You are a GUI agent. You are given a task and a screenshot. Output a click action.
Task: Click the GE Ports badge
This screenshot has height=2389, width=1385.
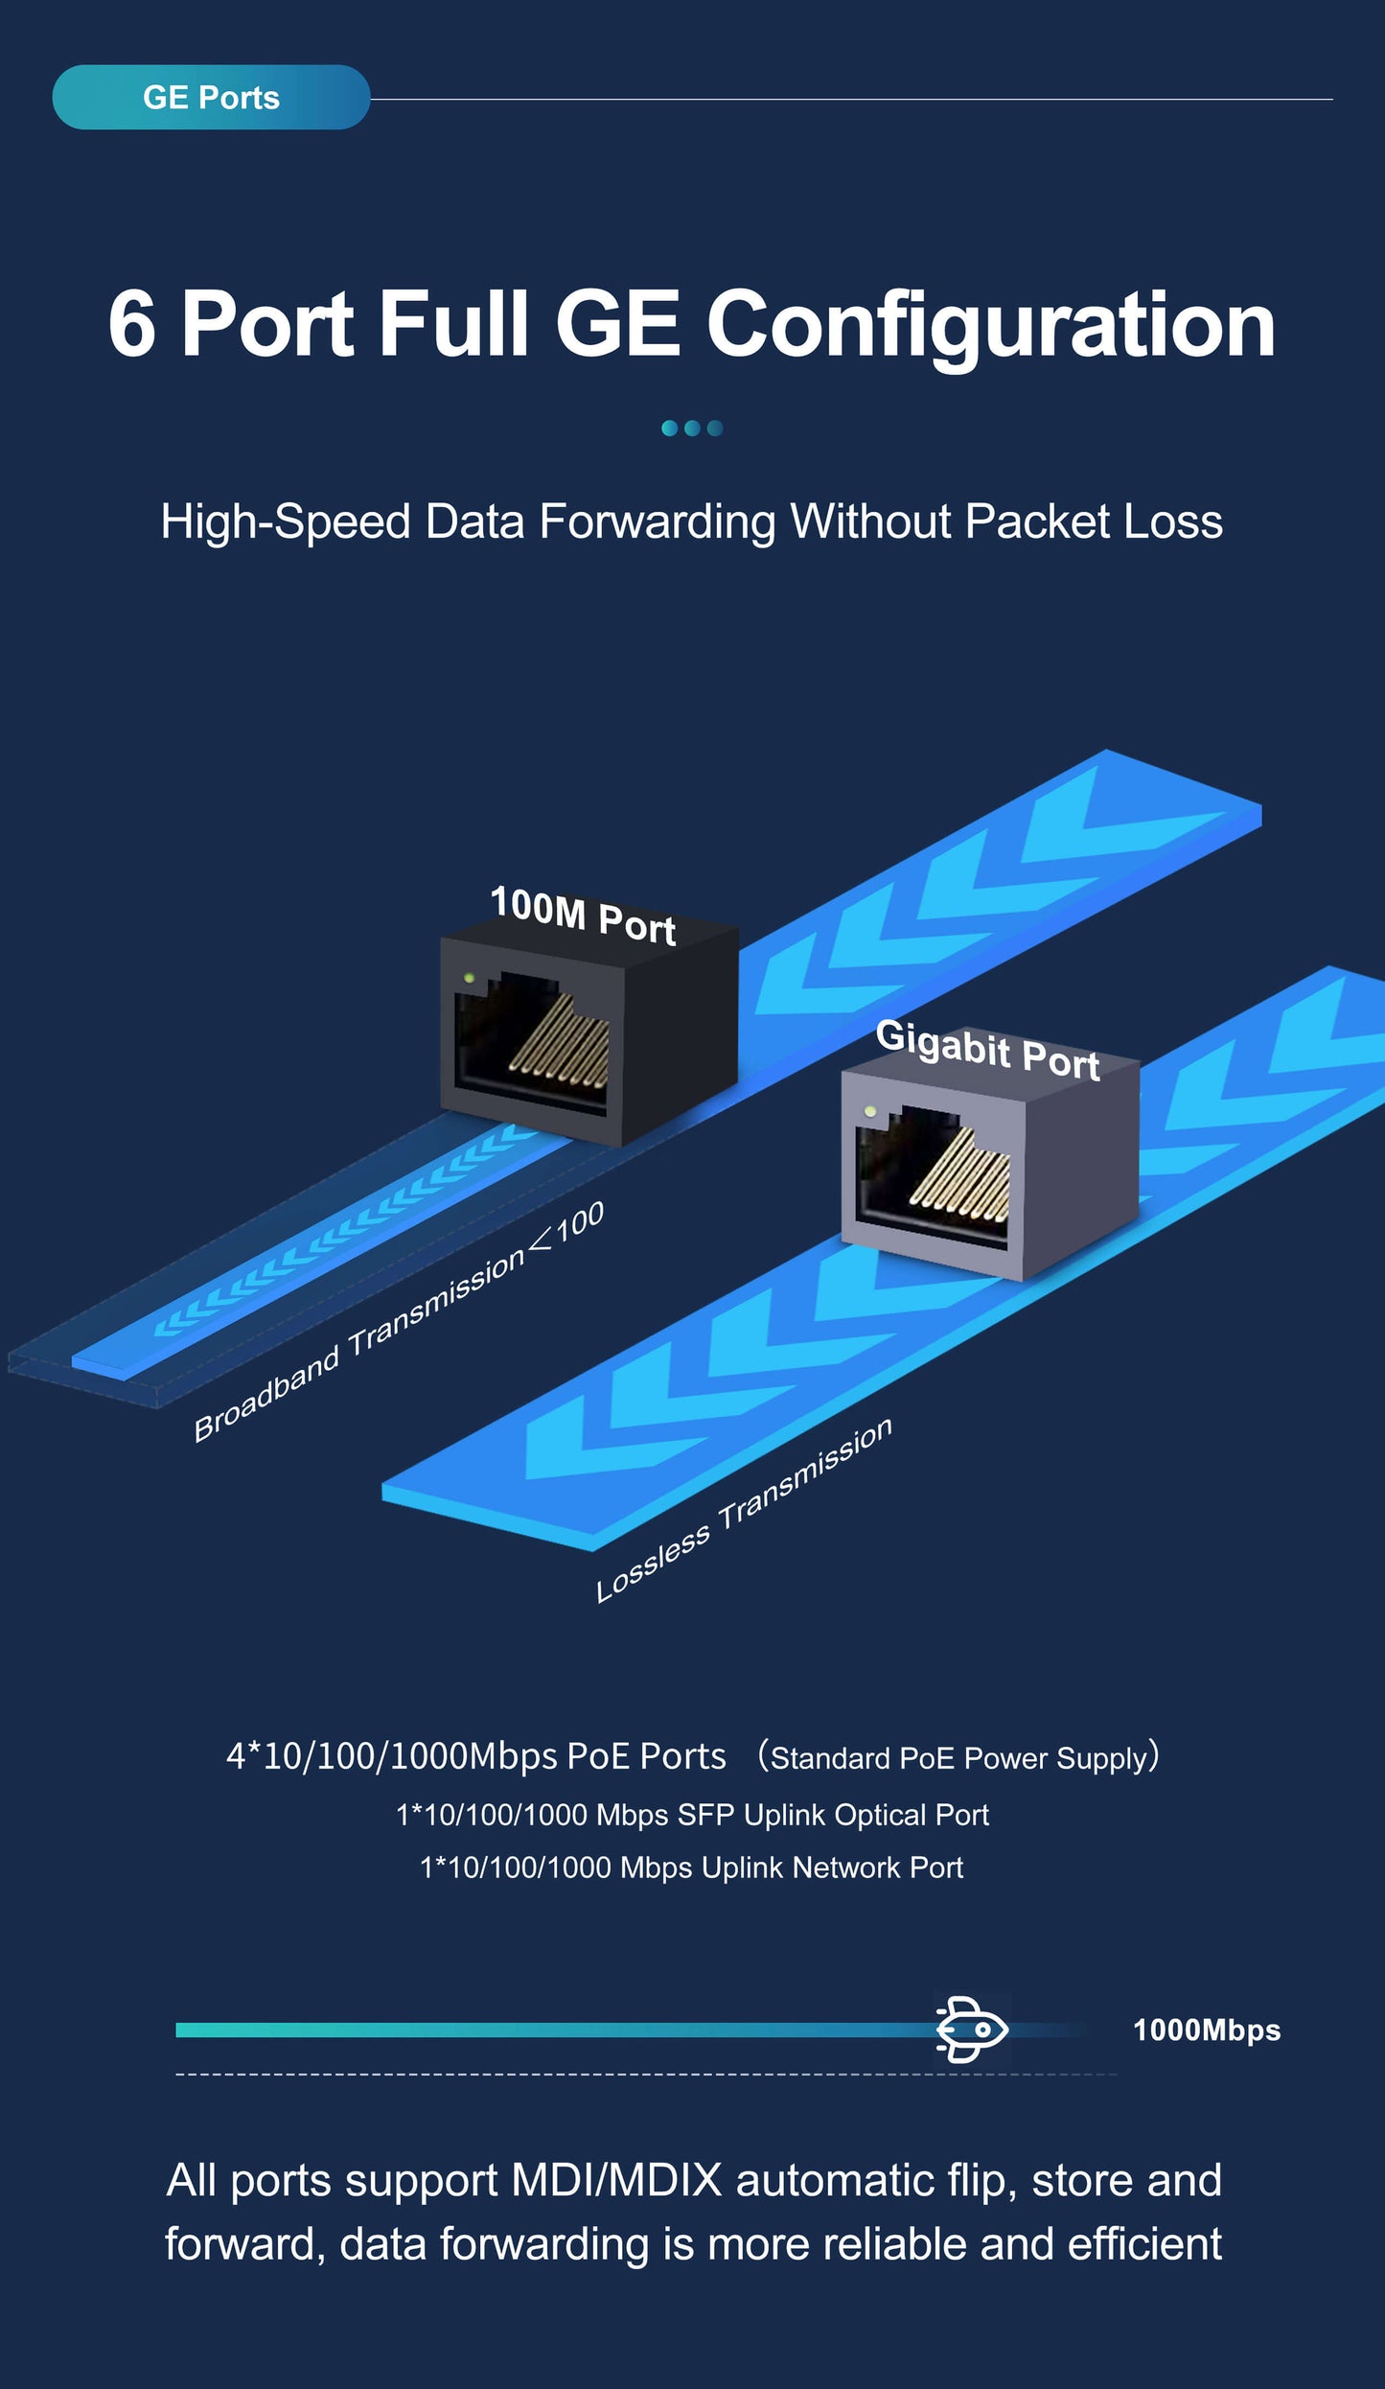(x=211, y=98)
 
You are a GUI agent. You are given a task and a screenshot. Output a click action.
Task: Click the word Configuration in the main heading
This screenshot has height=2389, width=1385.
(x=990, y=326)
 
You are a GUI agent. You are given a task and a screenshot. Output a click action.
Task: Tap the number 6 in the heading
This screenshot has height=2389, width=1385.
(x=132, y=326)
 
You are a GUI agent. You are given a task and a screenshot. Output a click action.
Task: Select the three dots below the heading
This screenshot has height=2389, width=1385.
(x=692, y=429)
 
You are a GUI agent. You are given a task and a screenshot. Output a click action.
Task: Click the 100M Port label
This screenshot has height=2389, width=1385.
(x=583, y=916)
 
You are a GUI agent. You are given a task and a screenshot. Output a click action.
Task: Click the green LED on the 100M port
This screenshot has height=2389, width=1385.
(x=469, y=978)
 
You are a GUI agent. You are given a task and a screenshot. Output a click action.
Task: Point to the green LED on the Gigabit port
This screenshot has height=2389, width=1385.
(x=870, y=1111)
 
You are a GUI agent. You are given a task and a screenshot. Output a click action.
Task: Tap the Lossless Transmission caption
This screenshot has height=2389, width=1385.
(x=744, y=1510)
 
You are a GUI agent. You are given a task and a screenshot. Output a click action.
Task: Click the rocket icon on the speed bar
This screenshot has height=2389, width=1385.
(x=972, y=2029)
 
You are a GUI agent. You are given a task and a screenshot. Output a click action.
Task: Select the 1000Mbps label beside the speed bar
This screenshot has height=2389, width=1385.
(x=1206, y=2030)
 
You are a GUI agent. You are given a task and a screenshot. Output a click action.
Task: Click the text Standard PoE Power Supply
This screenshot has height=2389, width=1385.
(x=958, y=1758)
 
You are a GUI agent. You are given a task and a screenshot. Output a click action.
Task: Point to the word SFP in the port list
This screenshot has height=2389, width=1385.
(x=705, y=1815)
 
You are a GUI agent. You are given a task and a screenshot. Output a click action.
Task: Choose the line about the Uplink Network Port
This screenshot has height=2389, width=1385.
(x=692, y=1867)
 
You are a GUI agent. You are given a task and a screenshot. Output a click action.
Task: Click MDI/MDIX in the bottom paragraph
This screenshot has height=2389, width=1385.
(x=616, y=2181)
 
